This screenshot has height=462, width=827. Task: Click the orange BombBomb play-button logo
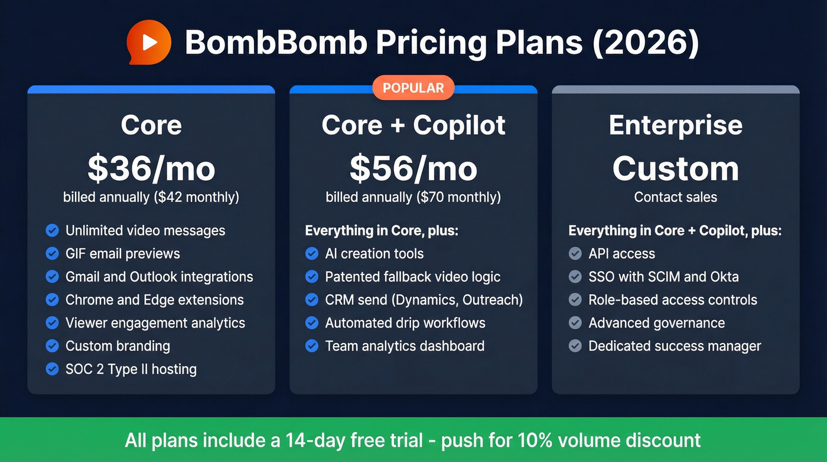click(x=149, y=42)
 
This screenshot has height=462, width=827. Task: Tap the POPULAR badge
click(x=413, y=88)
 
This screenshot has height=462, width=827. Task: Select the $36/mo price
click(x=151, y=169)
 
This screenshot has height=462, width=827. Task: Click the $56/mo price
click(x=413, y=169)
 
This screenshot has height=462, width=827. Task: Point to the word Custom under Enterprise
click(x=675, y=169)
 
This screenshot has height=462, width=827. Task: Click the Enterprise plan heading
click(x=675, y=125)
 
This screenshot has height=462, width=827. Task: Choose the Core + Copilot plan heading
click(x=413, y=125)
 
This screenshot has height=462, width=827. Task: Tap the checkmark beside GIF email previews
click(x=52, y=254)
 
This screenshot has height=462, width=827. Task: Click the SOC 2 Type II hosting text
click(x=131, y=369)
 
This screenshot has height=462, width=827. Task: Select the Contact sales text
click(x=675, y=197)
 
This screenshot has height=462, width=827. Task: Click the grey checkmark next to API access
click(x=575, y=254)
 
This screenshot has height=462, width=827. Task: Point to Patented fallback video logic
click(x=412, y=277)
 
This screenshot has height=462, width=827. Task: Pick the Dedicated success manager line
click(x=675, y=346)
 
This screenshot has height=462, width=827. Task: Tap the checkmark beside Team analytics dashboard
click(x=312, y=346)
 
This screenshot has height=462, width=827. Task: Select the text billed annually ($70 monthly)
click(x=413, y=197)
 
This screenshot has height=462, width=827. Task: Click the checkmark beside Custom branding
click(x=52, y=346)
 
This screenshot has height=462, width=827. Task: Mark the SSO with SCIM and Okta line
click(x=663, y=277)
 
